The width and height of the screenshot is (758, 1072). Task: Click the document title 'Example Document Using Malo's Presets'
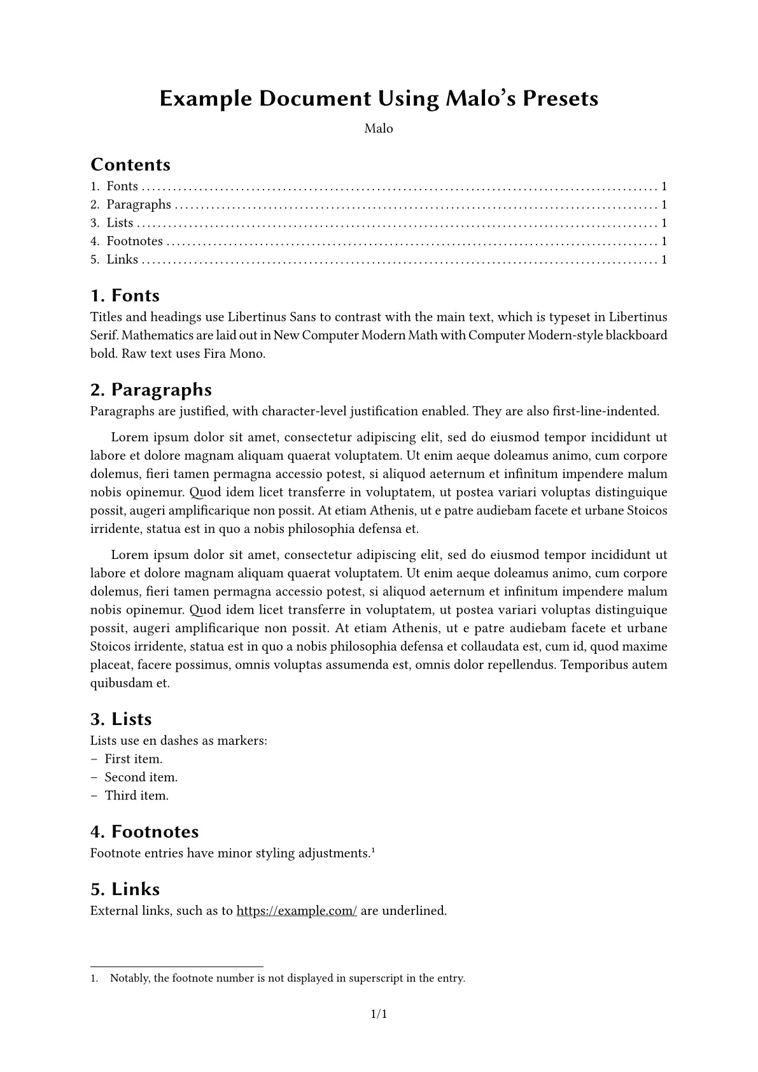pyautogui.click(x=379, y=99)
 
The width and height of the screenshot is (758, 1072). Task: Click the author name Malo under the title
pyautogui.click(x=379, y=129)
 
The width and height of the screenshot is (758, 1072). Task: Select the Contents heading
pyautogui.click(x=130, y=164)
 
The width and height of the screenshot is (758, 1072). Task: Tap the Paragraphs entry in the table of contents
pyautogui.click(x=139, y=204)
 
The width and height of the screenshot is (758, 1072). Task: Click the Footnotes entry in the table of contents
pyautogui.click(x=134, y=241)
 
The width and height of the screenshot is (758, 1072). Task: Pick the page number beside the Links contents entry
pyautogui.click(x=664, y=260)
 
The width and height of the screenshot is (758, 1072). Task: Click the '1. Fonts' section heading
pyautogui.click(x=125, y=295)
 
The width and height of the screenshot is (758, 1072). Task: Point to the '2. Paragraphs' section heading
pyautogui.click(x=151, y=389)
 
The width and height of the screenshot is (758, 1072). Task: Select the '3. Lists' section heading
pyautogui.click(x=121, y=719)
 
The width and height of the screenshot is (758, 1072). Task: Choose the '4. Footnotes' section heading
pyautogui.click(x=144, y=831)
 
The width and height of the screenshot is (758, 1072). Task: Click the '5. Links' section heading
pyautogui.click(x=125, y=889)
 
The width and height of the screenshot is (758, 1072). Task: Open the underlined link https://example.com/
pyautogui.click(x=297, y=911)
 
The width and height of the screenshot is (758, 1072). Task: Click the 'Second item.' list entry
pyautogui.click(x=141, y=777)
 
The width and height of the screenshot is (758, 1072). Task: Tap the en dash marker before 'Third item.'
pyautogui.click(x=94, y=796)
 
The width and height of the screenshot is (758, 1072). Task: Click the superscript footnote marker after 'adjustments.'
pyautogui.click(x=373, y=850)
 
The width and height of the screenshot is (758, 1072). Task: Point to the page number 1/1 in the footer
pyautogui.click(x=379, y=1014)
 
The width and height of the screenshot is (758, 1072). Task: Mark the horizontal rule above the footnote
pyautogui.click(x=177, y=966)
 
